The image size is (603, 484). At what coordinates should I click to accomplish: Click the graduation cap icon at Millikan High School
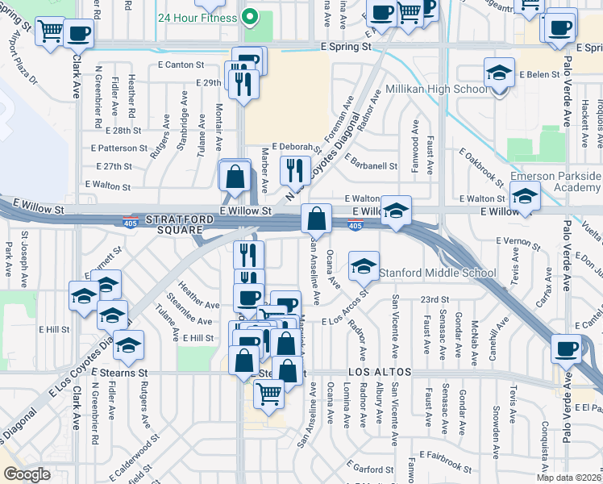coord(500,74)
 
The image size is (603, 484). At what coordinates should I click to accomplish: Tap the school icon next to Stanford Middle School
coord(364,266)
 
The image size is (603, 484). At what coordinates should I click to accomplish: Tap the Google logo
coord(27,474)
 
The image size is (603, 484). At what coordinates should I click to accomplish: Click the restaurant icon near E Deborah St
coord(295,169)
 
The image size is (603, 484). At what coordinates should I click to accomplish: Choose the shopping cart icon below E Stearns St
coord(268,394)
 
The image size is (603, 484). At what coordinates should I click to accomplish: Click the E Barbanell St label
coord(371,165)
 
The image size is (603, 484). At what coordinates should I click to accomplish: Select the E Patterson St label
coord(119,148)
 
